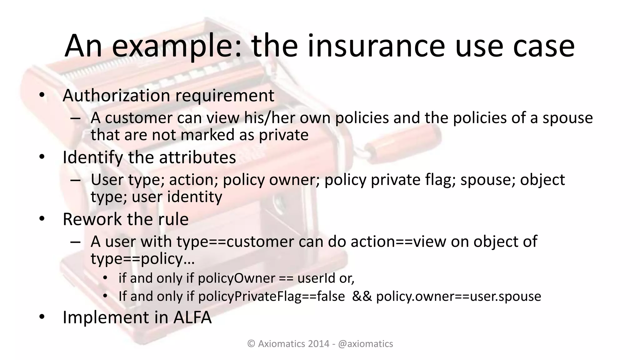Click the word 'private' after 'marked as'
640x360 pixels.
click(284, 135)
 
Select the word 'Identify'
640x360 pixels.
click(93, 157)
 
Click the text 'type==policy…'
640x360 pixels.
click(142, 259)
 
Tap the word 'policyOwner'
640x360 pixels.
click(237, 278)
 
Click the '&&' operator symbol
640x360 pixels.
click(362, 296)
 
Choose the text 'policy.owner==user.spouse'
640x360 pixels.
click(458, 296)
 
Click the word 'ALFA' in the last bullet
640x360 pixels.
click(192, 317)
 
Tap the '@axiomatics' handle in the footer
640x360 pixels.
click(365, 344)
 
